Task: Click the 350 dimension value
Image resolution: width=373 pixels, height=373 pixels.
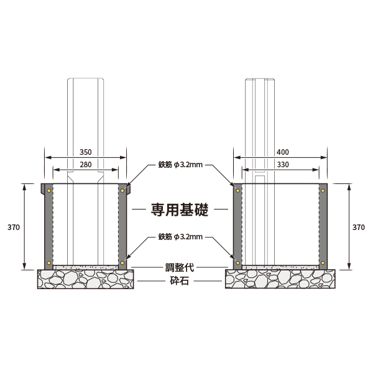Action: coord(86,152)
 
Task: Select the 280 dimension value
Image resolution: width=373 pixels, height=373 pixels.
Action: coord(86,165)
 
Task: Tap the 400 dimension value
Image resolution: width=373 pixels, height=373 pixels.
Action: coord(283,152)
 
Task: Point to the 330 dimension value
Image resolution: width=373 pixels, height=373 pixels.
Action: coord(283,165)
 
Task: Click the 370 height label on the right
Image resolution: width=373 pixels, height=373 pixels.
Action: coord(359,228)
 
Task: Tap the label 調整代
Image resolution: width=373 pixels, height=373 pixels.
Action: coord(180,267)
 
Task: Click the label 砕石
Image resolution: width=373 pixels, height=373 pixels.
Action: coord(180,281)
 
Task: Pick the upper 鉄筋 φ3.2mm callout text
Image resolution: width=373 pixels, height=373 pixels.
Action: coord(180,166)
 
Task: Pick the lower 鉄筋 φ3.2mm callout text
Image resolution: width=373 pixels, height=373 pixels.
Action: coord(180,237)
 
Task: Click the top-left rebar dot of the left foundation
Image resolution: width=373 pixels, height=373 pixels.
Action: coord(48,190)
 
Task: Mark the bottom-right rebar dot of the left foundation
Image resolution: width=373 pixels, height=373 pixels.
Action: coord(123,263)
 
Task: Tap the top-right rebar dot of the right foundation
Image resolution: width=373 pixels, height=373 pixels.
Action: coord(323,190)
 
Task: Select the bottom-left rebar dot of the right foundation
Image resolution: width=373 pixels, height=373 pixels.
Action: coord(237,263)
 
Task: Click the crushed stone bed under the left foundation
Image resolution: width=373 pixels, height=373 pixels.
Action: coord(86,280)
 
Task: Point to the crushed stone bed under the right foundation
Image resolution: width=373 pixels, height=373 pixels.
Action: coord(280,280)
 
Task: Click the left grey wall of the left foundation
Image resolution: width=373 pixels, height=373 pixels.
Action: coord(48,227)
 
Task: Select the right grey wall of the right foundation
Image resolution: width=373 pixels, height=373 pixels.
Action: coord(323,227)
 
